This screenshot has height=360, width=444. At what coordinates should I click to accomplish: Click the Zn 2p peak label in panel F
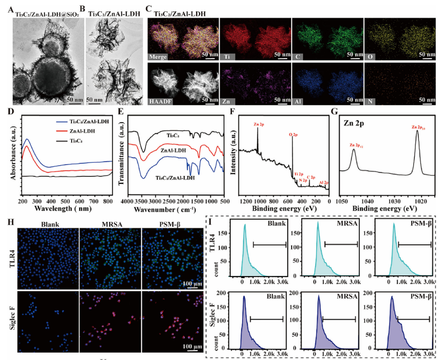pos(257,123)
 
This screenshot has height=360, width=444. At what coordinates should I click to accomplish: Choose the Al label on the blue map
pos(297,99)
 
